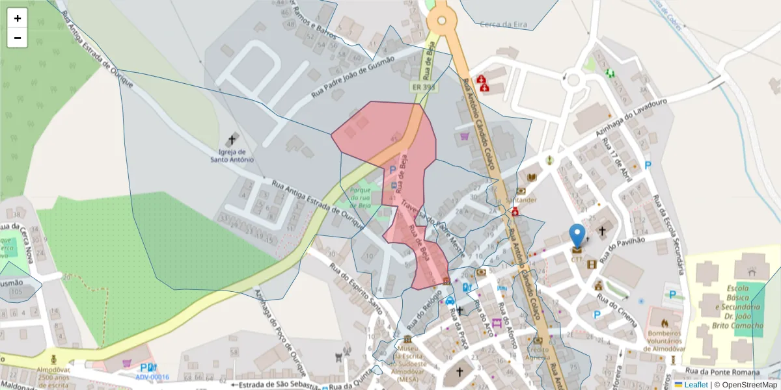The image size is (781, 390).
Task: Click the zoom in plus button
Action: coord(18,18)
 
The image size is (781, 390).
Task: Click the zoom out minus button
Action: coord(18,38)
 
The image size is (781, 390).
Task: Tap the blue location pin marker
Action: coord(577,236)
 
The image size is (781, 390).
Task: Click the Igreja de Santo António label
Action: coord(232,155)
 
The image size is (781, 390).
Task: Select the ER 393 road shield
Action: coord(424,86)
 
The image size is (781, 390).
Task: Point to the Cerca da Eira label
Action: coord(502,25)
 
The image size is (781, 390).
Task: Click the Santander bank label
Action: coord(521,200)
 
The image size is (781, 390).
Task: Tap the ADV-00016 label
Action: coord(152,377)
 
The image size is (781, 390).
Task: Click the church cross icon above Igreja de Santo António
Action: coord(232,140)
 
